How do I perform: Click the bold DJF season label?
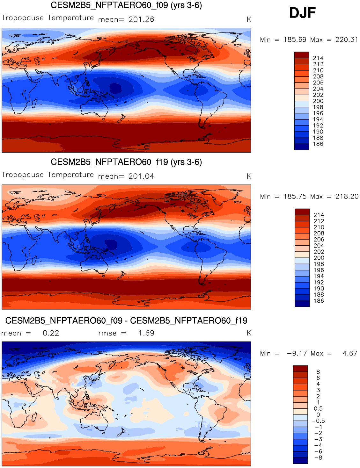coord(302,13)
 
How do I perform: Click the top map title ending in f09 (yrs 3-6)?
coord(126,5)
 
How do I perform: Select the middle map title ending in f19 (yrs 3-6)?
coord(126,162)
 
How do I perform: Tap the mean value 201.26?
coord(141,19)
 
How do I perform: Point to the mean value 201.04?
coord(141,176)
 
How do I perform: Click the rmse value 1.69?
coord(146,333)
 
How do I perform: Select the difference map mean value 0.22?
coord(51,333)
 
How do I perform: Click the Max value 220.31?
coord(346,40)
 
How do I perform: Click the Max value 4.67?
coord(350,353)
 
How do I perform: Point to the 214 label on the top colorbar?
coord(318,58)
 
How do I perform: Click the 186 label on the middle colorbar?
coord(319,300)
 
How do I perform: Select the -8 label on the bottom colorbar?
coord(318,457)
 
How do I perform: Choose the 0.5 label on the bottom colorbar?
coord(318,408)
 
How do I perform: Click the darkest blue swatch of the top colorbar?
coord(302,147)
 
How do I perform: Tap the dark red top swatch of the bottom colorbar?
coord(300,369)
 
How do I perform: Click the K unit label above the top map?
coord(249,19)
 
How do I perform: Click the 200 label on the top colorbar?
coord(318,101)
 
